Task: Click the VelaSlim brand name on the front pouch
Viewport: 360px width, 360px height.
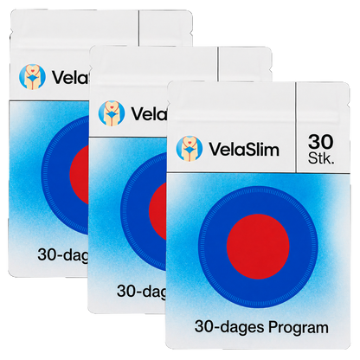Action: [x=244, y=150]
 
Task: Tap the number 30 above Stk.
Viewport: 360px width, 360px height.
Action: [x=320, y=142]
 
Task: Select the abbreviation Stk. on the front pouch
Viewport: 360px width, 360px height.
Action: [x=321, y=157]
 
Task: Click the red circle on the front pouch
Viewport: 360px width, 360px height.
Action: [x=258, y=245]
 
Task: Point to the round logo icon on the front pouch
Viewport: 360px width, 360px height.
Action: [x=190, y=149]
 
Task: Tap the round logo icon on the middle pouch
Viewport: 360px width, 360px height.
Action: [x=112, y=112]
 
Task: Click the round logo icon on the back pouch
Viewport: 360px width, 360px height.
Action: [x=32, y=77]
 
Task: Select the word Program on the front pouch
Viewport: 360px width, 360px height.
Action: [x=299, y=328]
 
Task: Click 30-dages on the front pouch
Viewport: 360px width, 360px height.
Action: [x=229, y=327]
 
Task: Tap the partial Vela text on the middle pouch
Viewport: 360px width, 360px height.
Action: [x=149, y=113]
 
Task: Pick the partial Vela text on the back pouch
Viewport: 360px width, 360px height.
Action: [x=70, y=77]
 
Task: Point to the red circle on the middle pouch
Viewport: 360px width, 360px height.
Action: [x=157, y=210]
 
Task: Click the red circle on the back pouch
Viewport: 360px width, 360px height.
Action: [x=79, y=175]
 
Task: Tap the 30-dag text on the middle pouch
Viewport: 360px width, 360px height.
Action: [x=142, y=292]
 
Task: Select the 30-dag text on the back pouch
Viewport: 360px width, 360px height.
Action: [x=63, y=255]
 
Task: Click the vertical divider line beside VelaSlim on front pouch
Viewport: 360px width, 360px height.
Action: [x=296, y=127]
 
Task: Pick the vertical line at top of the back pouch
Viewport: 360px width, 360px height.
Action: [x=138, y=28]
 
